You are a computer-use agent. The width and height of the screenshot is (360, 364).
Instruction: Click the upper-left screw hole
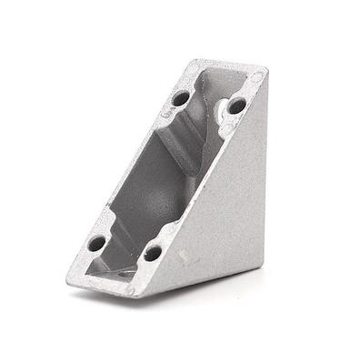(x=181, y=96)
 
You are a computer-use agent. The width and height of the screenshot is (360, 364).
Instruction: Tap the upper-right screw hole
(x=236, y=106)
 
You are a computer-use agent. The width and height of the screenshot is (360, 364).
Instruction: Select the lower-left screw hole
(x=95, y=243)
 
